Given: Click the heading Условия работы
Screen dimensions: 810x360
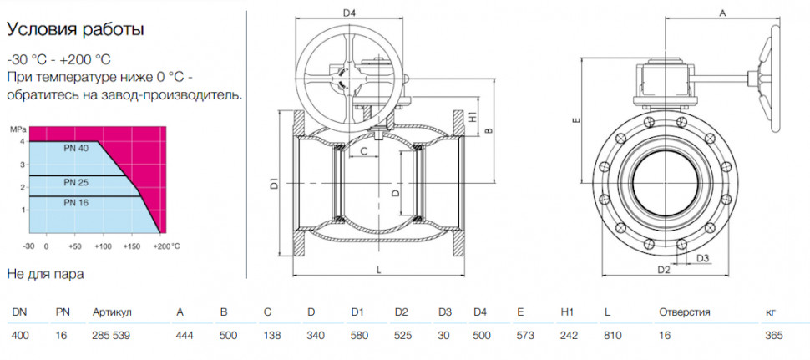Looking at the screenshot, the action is pyautogui.click(x=75, y=30).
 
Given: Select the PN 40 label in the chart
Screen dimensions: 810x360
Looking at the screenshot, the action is pyautogui.click(x=76, y=149).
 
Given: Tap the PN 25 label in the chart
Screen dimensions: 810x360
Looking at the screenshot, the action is pyautogui.click(x=76, y=182).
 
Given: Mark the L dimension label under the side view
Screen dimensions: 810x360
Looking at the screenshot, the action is pyautogui.click(x=378, y=270).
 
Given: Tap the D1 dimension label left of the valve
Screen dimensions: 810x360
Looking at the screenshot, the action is pyautogui.click(x=275, y=183).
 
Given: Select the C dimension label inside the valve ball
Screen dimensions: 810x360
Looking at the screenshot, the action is pyautogui.click(x=363, y=151).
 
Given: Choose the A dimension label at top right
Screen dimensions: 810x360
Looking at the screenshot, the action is pyautogui.click(x=723, y=14).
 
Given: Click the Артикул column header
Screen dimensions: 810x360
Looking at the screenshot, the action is pyautogui.click(x=113, y=312).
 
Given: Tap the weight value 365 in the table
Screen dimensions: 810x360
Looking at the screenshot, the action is pyautogui.click(x=774, y=336).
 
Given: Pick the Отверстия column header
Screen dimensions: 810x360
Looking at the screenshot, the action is pyautogui.click(x=685, y=312).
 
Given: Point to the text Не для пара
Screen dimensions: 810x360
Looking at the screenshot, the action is pyautogui.click(x=45, y=274).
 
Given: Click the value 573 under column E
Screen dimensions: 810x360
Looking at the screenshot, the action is pyautogui.click(x=525, y=336).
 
